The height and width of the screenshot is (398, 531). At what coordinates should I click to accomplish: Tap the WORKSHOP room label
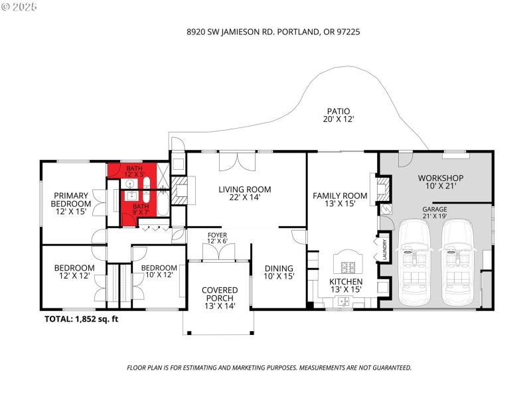(440, 182)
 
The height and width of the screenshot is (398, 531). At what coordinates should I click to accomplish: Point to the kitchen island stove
(348, 268)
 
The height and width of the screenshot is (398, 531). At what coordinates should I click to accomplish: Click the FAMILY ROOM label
(340, 200)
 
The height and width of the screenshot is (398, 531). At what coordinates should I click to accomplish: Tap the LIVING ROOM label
(245, 193)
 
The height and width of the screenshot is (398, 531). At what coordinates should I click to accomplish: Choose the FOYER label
(218, 237)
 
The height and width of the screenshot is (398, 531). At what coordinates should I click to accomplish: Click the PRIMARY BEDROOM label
(70, 203)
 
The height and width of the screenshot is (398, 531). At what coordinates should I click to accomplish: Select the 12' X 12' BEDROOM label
(74, 272)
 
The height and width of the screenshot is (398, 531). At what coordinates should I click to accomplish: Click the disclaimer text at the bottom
(269, 367)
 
